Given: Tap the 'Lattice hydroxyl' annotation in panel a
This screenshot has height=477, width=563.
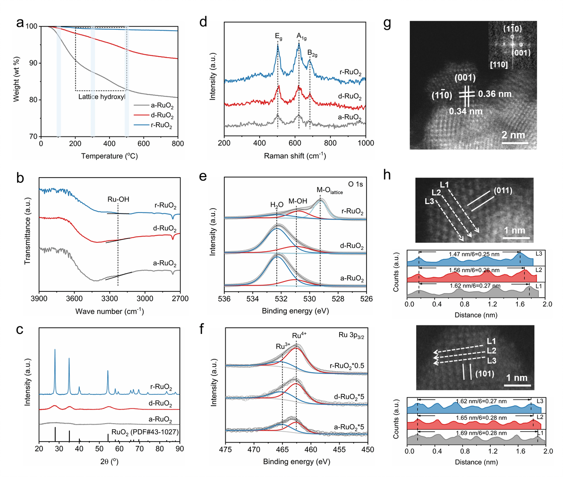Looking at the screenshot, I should pyautogui.click(x=102, y=97).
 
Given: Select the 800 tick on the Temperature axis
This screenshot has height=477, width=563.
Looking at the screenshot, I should pyautogui.click(x=178, y=144).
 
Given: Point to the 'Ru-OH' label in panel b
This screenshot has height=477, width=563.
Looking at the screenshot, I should pyautogui.click(x=118, y=199).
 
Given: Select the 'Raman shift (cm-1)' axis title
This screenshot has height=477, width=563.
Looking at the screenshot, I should pyautogui.click(x=295, y=155).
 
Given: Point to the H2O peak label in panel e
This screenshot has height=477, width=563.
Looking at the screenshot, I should pyautogui.click(x=277, y=204).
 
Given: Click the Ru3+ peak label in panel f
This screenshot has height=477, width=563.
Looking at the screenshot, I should pyautogui.click(x=283, y=346).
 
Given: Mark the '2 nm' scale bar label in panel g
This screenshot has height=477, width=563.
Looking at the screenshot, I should pyautogui.click(x=513, y=135).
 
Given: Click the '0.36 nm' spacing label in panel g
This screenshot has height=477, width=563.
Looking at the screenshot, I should pyautogui.click(x=495, y=94).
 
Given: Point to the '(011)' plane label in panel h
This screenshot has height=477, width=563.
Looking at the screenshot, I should pyautogui.click(x=503, y=191).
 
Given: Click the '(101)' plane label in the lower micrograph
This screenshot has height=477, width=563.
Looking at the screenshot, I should pyautogui.click(x=485, y=374).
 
